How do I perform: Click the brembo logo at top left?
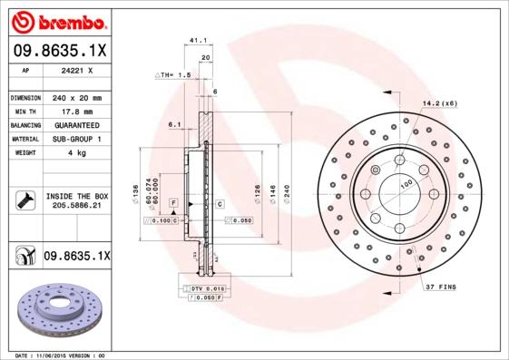(x=56, y=20)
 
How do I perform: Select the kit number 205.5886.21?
(x=76, y=207)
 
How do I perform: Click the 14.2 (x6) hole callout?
(x=439, y=104)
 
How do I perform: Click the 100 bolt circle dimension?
(x=406, y=182)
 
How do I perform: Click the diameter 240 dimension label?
(x=286, y=192)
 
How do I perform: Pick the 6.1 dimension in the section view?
(x=174, y=124)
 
